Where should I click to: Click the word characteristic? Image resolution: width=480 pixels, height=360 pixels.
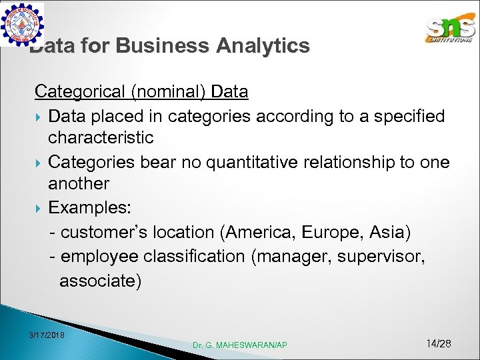[101, 138]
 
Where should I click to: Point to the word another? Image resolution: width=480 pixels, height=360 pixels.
[79, 183]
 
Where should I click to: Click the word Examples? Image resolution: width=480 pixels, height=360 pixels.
[89, 208]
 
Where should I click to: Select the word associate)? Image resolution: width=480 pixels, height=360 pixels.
[100, 281]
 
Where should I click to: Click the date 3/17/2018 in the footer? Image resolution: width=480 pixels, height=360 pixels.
[47, 334]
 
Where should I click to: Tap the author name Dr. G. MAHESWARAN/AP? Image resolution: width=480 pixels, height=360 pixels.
[240, 345]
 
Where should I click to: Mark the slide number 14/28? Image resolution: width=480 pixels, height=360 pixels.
[439, 343]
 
